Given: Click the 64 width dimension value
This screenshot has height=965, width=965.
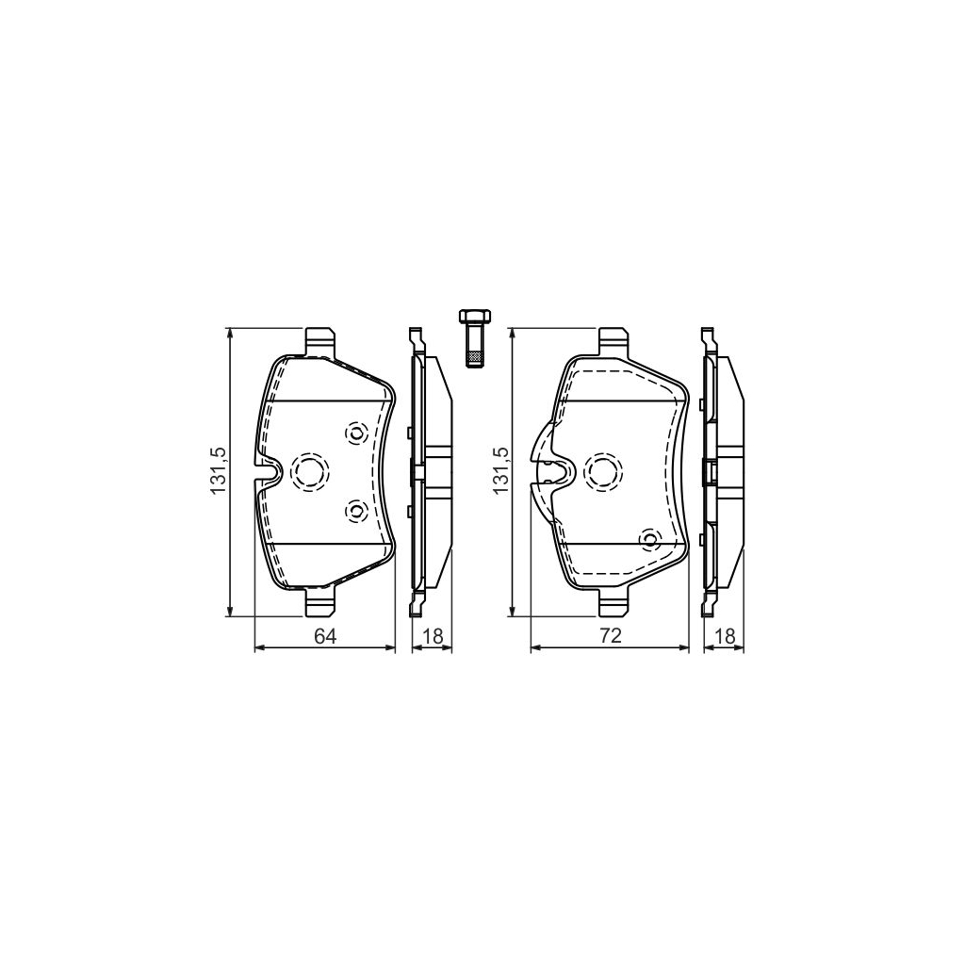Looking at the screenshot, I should (x=325, y=636).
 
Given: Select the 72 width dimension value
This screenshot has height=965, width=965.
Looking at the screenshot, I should (x=611, y=636).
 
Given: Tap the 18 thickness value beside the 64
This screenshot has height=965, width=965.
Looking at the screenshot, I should (x=433, y=636).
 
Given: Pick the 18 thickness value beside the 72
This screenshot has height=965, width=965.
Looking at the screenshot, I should (x=725, y=636).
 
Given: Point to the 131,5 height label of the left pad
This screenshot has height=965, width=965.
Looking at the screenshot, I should (x=218, y=471).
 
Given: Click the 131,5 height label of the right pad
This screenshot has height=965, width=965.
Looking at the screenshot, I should (x=500, y=471).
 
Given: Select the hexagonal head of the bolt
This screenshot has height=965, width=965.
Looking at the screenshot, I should (x=472, y=316).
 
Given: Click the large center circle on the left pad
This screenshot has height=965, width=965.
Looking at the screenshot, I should (x=308, y=470).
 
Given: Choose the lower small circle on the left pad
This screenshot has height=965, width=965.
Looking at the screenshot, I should (x=355, y=511).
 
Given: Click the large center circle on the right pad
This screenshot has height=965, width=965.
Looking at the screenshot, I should (x=602, y=470).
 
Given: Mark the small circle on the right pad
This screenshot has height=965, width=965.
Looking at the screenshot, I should (x=649, y=539).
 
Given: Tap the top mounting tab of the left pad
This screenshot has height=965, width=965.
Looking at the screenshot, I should (x=320, y=340).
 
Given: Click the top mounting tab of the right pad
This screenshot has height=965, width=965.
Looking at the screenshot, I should (x=613, y=340).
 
